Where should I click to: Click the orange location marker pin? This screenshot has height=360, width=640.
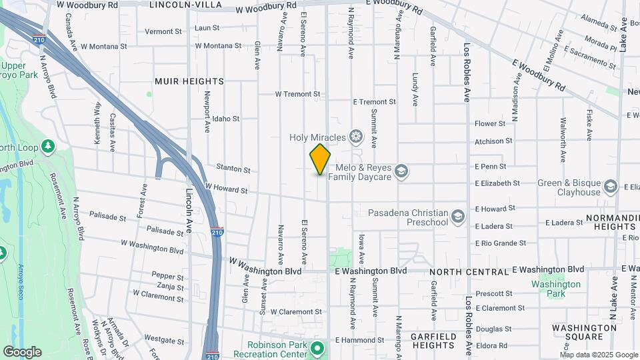click(x=320, y=159)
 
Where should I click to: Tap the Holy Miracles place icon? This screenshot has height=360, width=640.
click(x=357, y=137)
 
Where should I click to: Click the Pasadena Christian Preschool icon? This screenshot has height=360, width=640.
click(x=458, y=216)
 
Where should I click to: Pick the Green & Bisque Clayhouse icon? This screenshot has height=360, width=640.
click(x=611, y=186)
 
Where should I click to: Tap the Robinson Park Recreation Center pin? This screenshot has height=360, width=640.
click(x=318, y=347)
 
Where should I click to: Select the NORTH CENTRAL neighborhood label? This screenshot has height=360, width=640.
click(x=469, y=272)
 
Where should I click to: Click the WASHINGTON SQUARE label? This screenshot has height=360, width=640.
click(x=584, y=333)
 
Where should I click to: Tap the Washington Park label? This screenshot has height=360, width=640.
click(x=557, y=289)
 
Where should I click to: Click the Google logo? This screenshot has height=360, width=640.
click(x=22, y=352)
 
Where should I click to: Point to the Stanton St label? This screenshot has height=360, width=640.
click(x=233, y=170)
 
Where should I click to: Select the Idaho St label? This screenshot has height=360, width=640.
click(x=227, y=119)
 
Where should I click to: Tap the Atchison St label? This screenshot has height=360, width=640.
click(x=493, y=141)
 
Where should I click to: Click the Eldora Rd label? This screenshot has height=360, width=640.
click(x=493, y=345)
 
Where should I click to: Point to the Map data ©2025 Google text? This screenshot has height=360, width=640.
click(x=599, y=355)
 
